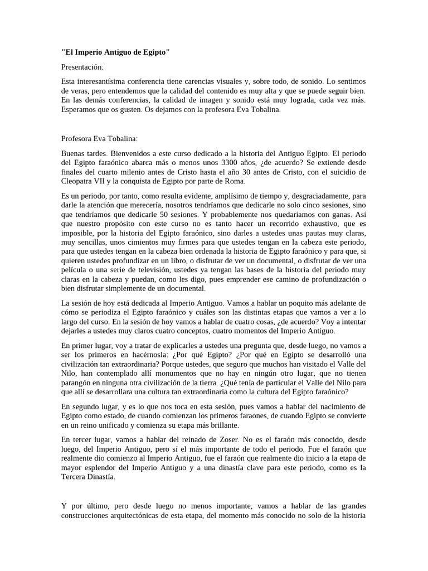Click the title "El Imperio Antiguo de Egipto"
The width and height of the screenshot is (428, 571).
point(115,52)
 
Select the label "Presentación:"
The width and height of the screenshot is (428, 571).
point(83,67)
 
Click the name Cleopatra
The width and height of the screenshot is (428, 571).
point(79,181)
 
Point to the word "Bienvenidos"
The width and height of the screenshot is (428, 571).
point(134,153)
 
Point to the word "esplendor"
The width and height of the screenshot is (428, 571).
point(109,467)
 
